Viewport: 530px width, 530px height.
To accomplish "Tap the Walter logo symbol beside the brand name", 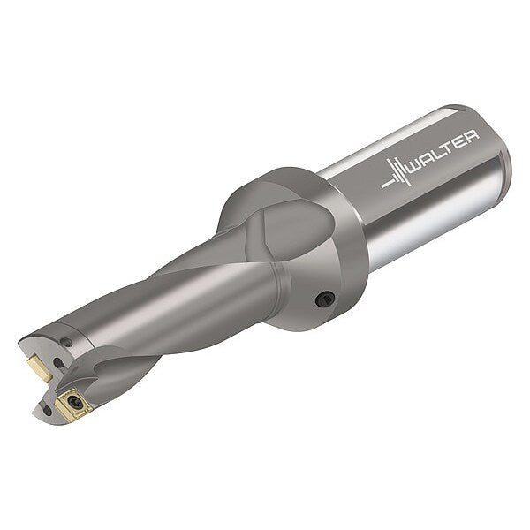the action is pos(395,174).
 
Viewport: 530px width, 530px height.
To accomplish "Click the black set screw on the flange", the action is pos(324,299).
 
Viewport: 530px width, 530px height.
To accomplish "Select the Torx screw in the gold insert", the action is pos(73,402).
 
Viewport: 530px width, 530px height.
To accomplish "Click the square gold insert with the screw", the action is pos(73,404).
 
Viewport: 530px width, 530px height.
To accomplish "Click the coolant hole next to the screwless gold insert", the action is pos(59,364).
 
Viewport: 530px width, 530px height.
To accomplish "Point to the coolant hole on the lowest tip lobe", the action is pos(48,411).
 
